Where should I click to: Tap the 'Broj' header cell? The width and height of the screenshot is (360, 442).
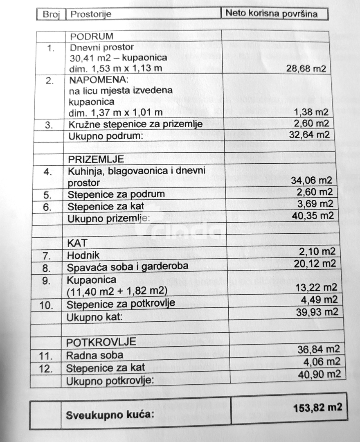pyautogui.click(x=51, y=14)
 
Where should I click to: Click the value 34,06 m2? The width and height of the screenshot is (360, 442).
pyautogui.click(x=311, y=180)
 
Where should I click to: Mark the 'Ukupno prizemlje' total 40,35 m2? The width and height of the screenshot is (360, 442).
pyautogui.click(x=313, y=215)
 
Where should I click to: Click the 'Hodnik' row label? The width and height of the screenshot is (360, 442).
pyautogui.click(x=83, y=256)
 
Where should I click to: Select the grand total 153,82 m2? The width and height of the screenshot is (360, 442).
pyautogui.click(x=317, y=407)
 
